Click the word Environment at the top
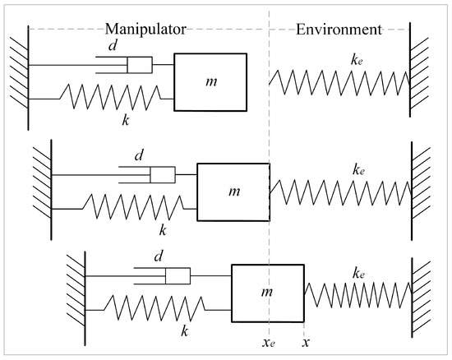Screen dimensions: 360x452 pos(339,30)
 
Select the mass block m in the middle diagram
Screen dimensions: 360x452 pos(233,191)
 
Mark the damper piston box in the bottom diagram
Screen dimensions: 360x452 pos(178,276)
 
